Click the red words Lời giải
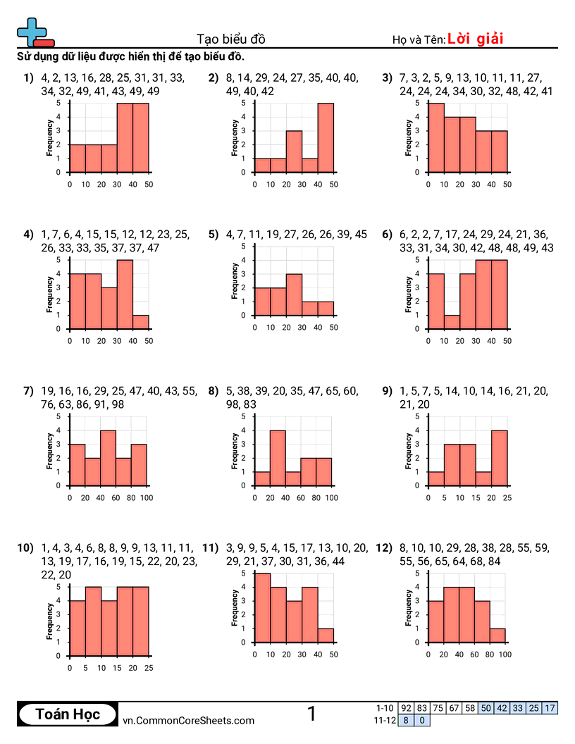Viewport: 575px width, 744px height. (475, 39)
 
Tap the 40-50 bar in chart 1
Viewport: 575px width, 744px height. (141, 138)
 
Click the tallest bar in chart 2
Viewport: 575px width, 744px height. (326, 138)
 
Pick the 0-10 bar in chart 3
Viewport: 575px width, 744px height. (436, 138)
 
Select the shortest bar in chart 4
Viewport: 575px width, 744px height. (141, 322)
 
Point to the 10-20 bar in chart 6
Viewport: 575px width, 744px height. (452, 322)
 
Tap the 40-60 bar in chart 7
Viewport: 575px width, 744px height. (108, 458)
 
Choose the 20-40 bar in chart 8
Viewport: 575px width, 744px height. (278, 458)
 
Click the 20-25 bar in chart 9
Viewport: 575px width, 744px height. (500, 458)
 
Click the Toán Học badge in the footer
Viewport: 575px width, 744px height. (68, 715)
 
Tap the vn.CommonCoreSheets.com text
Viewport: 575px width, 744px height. (188, 720)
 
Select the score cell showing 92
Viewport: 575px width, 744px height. (406, 708)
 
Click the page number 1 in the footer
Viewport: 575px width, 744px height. (311, 714)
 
